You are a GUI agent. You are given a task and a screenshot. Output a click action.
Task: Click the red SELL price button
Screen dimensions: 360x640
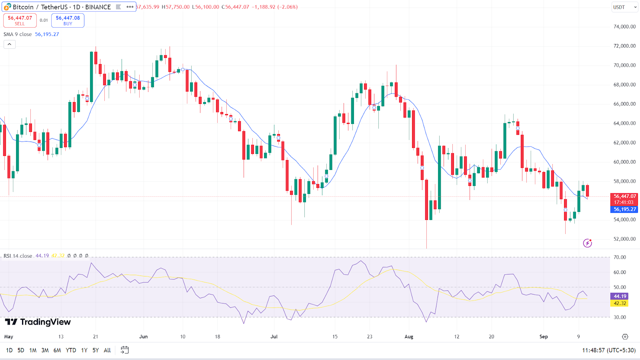point(20,20)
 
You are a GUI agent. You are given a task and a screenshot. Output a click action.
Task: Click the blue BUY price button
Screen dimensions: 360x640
point(68,20)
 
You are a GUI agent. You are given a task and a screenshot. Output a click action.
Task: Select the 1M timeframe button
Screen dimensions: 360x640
point(33,350)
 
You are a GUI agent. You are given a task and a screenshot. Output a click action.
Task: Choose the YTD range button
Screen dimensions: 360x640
point(71,350)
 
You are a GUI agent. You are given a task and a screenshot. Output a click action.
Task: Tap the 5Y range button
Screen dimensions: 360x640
point(96,350)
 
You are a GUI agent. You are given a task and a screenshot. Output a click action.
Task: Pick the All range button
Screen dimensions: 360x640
point(107,350)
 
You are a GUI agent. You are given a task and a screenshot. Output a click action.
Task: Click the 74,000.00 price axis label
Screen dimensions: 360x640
point(624,27)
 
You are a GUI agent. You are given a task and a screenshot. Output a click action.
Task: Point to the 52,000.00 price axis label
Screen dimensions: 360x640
point(624,239)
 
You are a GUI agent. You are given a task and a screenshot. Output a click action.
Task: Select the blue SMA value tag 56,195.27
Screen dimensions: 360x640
point(624,210)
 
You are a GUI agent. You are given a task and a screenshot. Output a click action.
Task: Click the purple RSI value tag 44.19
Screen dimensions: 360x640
point(620,296)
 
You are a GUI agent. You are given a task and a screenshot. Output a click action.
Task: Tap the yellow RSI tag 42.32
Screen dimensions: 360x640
point(620,304)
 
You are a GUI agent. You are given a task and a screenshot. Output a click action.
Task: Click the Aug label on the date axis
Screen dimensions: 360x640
point(409,337)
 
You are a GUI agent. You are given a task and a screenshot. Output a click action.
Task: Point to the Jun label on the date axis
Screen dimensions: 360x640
point(143,337)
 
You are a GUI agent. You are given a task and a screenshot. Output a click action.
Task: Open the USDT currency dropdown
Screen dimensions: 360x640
point(624,7)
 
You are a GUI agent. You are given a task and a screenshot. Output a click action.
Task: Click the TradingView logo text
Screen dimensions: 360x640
point(38,322)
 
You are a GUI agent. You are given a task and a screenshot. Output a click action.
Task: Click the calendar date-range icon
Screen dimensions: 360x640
point(125,350)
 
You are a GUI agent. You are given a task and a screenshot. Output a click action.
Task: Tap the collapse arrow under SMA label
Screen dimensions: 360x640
point(10,44)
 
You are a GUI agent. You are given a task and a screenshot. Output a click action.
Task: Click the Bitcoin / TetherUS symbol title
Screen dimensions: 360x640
point(62,7)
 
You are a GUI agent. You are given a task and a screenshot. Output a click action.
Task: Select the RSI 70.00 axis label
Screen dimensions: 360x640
point(620,258)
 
